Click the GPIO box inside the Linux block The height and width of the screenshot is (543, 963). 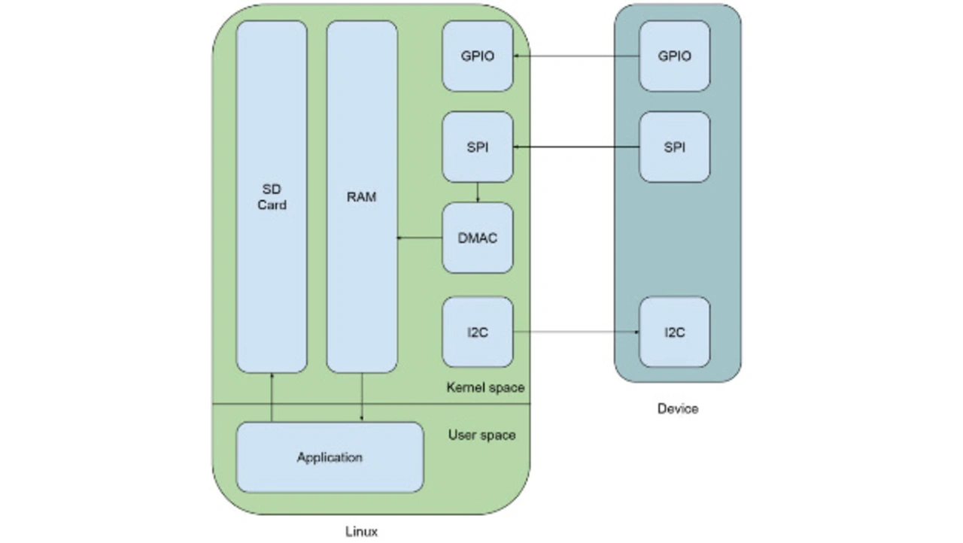[x=478, y=56]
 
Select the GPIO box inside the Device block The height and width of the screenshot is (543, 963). [x=675, y=56]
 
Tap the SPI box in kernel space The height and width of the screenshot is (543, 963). [x=478, y=147]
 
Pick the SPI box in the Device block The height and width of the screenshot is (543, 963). [x=675, y=147]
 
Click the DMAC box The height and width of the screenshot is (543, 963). [x=478, y=238]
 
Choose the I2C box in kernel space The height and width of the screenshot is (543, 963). [x=478, y=332]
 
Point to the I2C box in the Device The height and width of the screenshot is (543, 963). [x=675, y=332]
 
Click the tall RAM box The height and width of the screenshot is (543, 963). [x=362, y=197]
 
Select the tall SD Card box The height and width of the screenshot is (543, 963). [x=272, y=197]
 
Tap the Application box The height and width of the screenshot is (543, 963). [x=330, y=457]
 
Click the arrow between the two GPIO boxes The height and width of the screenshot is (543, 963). [x=576, y=56]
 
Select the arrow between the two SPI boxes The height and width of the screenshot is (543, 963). [x=576, y=147]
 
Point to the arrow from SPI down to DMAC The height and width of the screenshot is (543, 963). [x=478, y=193]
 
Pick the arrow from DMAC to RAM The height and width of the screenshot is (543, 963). [x=420, y=238]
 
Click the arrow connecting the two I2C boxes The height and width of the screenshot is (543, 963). [x=576, y=332]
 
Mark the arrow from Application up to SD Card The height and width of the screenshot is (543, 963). [x=272, y=398]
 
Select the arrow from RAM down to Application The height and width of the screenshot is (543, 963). [x=362, y=398]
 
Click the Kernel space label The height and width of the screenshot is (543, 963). [x=485, y=388]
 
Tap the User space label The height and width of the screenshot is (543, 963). [x=482, y=435]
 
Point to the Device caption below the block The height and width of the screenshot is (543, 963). [x=678, y=409]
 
